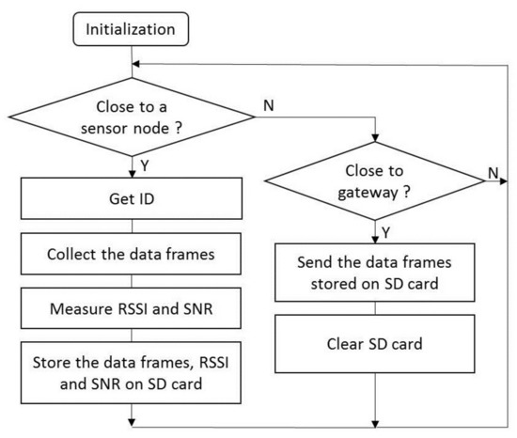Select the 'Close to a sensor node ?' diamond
click(x=133, y=117)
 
